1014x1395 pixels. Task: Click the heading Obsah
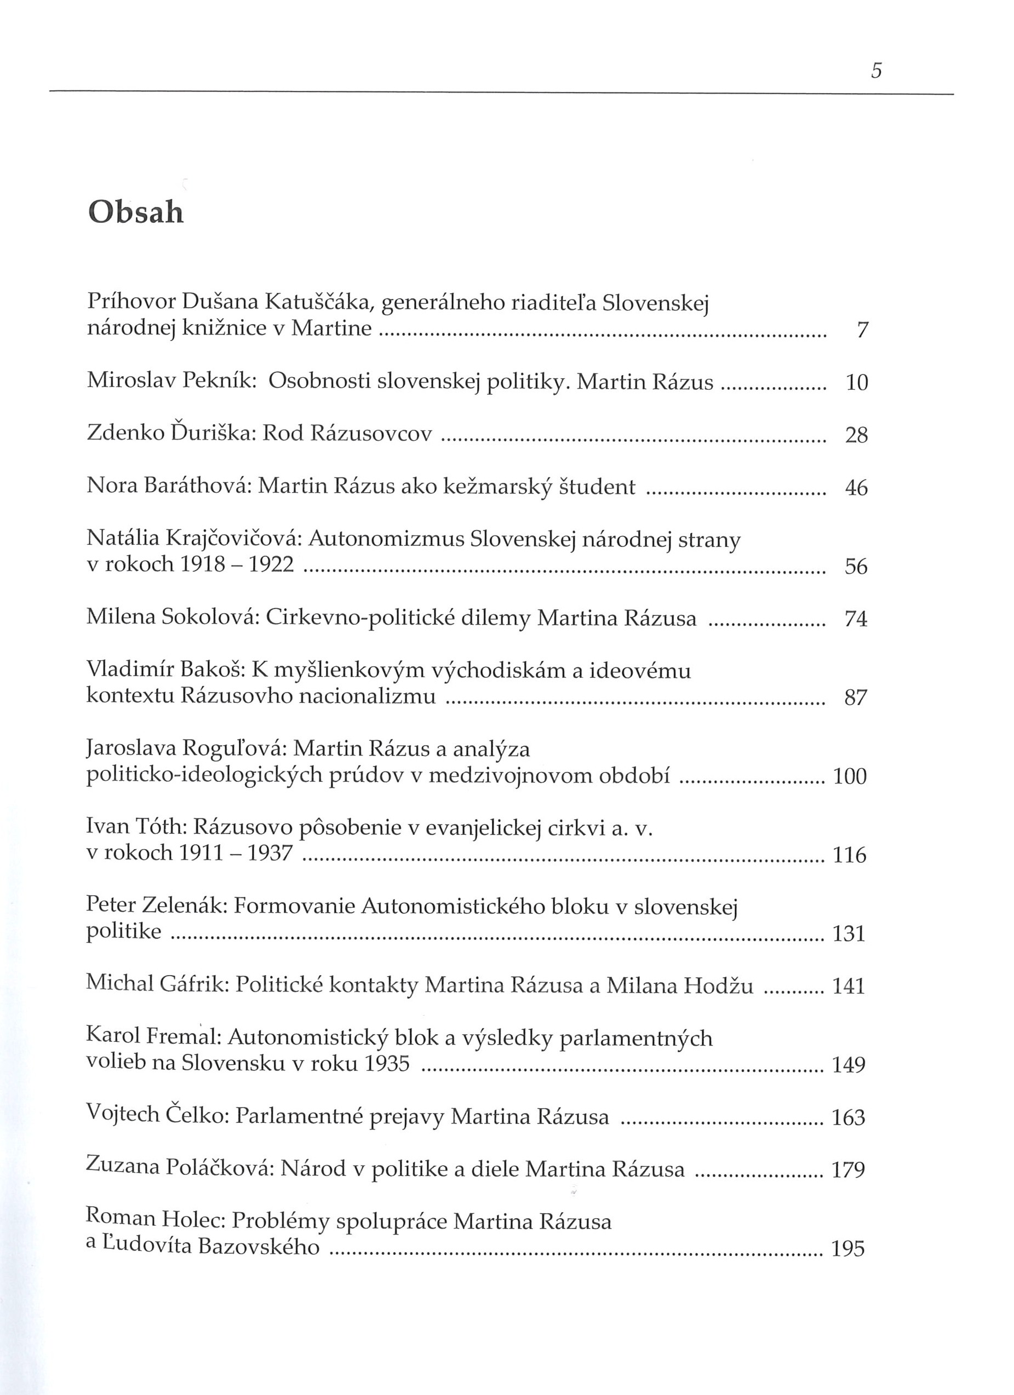[x=136, y=213]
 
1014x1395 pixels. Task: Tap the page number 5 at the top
[x=876, y=71]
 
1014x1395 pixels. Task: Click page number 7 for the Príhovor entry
[x=862, y=331]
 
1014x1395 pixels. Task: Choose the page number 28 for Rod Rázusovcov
[x=856, y=435]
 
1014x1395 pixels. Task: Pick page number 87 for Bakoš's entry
[x=856, y=697]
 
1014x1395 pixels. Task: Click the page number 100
[x=850, y=776]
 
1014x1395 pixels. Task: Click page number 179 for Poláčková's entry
[x=849, y=1169]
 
